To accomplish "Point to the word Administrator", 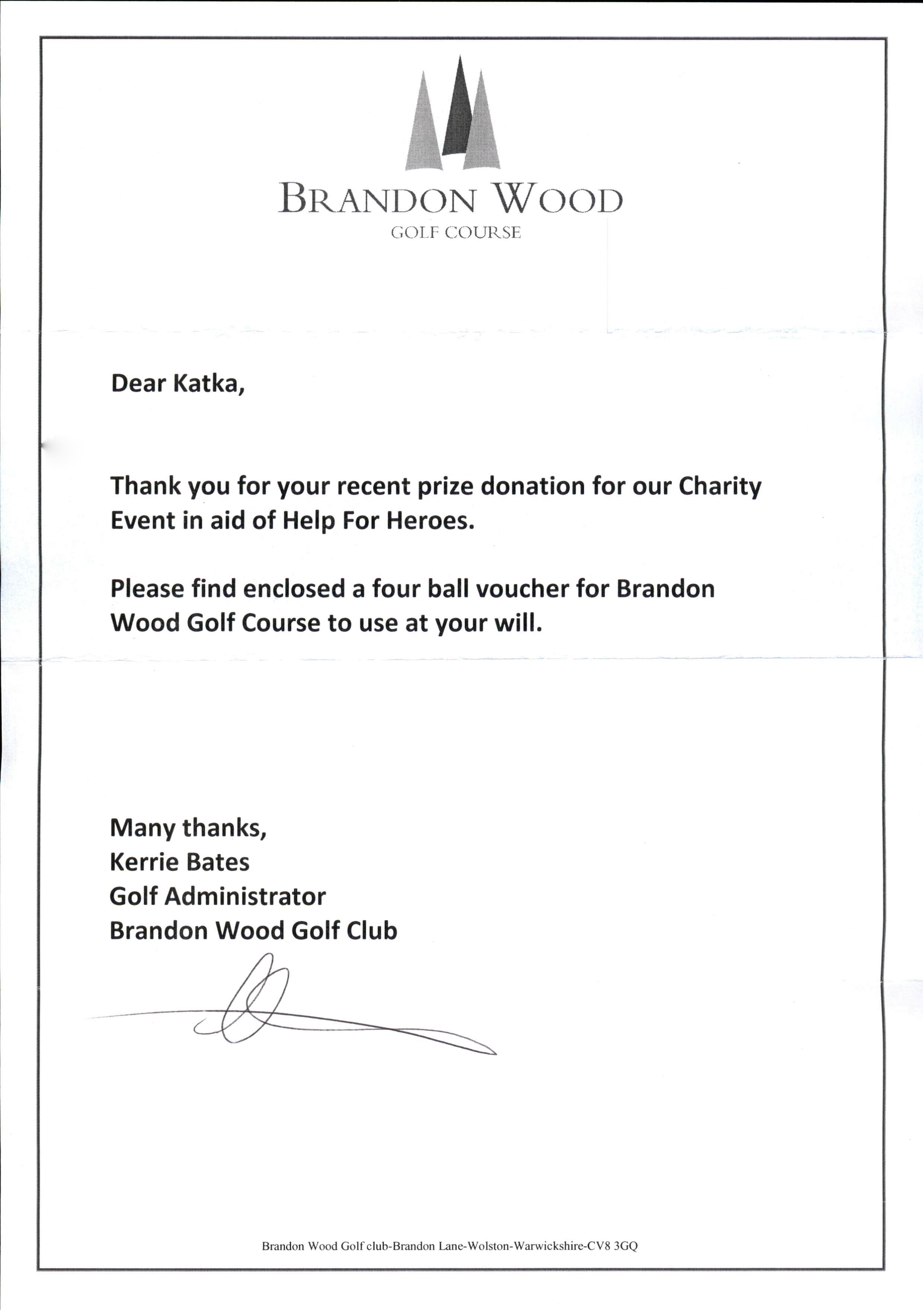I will tap(245, 897).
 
